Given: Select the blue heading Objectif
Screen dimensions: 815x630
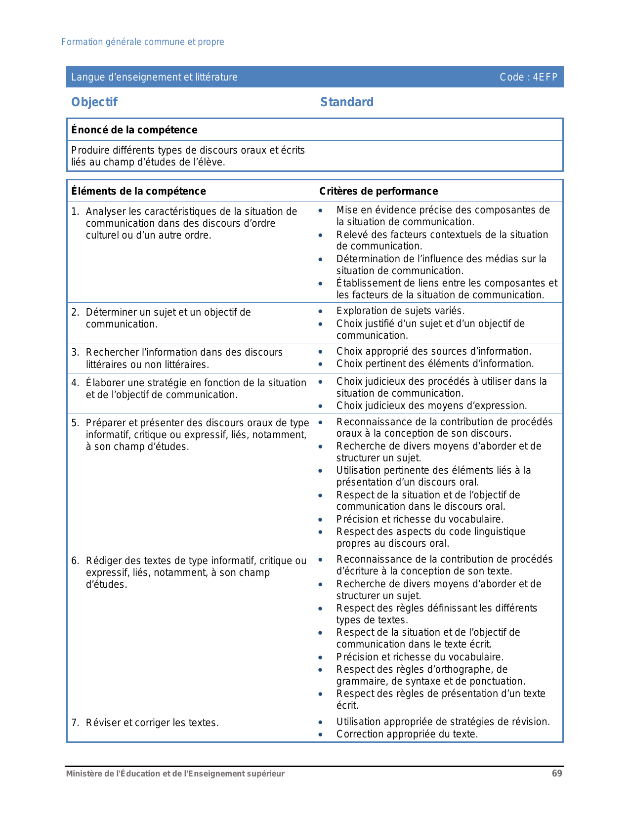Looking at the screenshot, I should click(94, 102).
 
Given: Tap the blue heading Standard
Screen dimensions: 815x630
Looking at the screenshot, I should click(347, 102).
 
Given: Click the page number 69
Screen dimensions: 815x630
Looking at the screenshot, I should click(557, 774).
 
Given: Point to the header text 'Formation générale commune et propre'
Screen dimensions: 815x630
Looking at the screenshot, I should click(143, 42).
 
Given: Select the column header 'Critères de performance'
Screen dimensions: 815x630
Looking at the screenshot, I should click(378, 191).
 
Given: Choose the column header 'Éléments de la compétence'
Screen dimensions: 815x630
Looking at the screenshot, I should click(138, 191).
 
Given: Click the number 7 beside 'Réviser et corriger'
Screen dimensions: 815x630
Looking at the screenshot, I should click(74, 723).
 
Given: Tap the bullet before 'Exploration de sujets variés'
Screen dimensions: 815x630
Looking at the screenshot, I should click(321, 311).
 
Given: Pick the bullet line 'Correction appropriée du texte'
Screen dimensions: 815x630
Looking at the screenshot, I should click(407, 734).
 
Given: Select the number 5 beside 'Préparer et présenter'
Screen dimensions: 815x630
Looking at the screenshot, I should click(74, 423).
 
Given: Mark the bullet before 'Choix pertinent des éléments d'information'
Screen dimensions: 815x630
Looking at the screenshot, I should click(321, 364).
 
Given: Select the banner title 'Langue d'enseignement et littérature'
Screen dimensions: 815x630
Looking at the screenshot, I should click(154, 77).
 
